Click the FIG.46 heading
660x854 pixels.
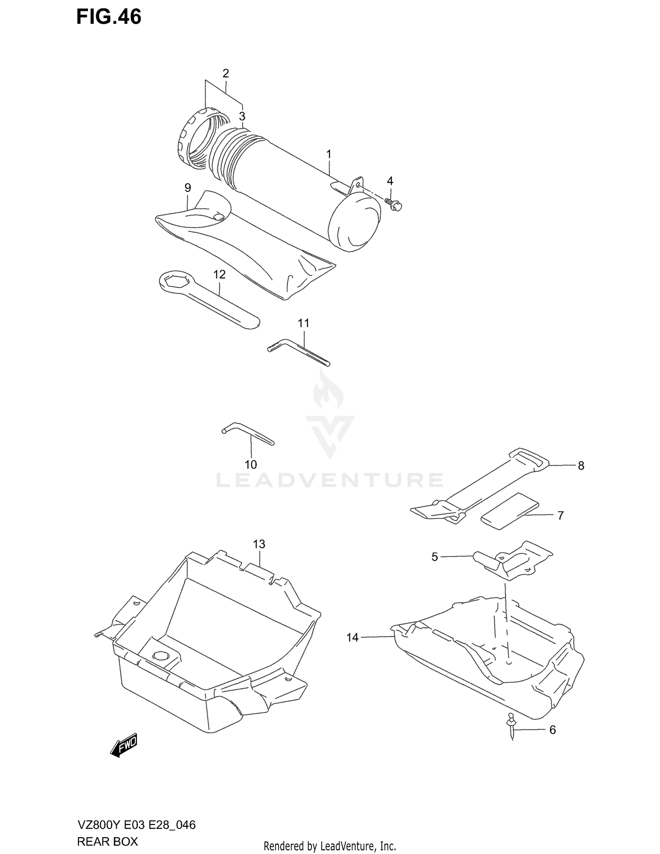pyautogui.click(x=109, y=17)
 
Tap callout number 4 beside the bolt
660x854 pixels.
pyautogui.click(x=390, y=181)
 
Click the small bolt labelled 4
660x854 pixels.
pyautogui.click(x=394, y=204)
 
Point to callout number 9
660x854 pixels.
pyautogui.click(x=187, y=188)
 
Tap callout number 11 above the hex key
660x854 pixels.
pyautogui.click(x=303, y=323)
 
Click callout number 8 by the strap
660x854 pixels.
pyautogui.click(x=581, y=465)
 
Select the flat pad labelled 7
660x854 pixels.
pyautogui.click(x=510, y=511)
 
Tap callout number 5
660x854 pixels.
pyautogui.click(x=434, y=557)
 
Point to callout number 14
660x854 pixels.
pyautogui.click(x=352, y=637)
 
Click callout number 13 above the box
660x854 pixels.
pyautogui.click(x=259, y=544)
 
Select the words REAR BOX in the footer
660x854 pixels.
pyautogui.click(x=107, y=841)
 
